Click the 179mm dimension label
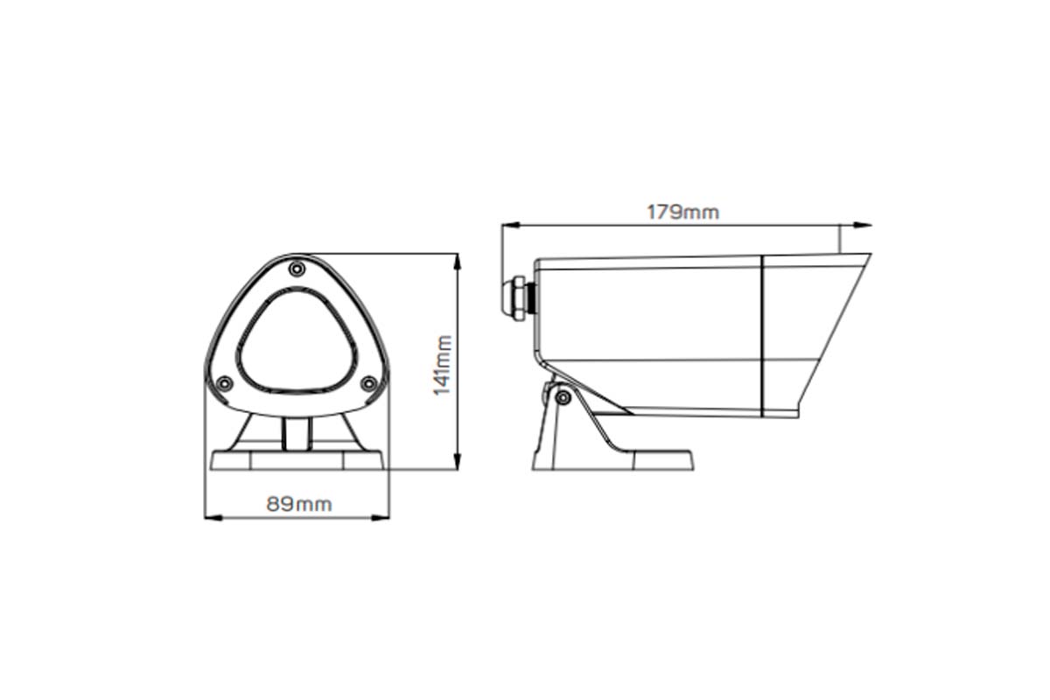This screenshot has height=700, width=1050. click(682, 212)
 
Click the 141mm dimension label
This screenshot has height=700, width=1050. click(444, 364)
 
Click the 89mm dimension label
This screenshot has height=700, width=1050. click(299, 504)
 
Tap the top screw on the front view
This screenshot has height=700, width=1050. click(297, 267)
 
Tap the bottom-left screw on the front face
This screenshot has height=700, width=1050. click(224, 382)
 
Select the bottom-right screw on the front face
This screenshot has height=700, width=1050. click(368, 382)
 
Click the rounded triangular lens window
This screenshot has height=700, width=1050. click(297, 341)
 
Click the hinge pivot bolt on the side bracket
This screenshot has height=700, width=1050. click(563, 397)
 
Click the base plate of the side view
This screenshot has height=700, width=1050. click(612, 460)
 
